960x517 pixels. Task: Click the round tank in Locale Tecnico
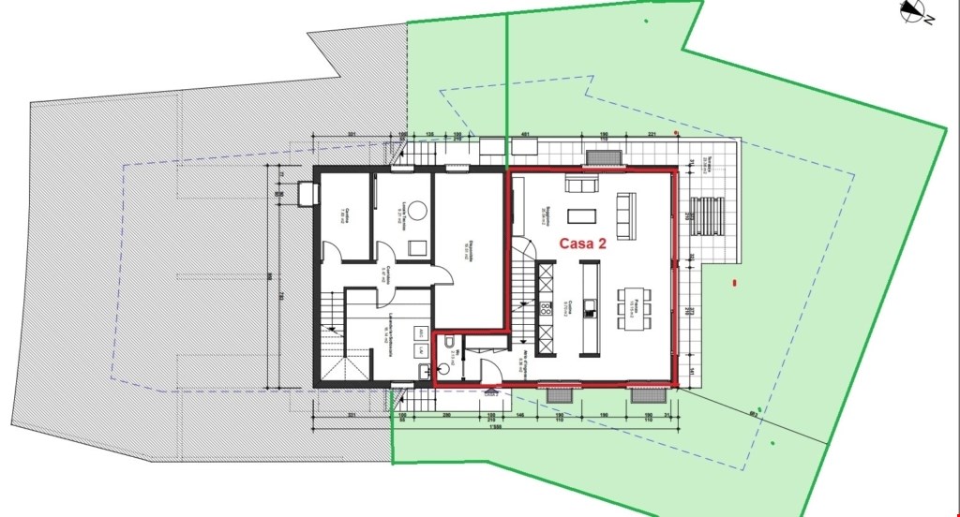414,211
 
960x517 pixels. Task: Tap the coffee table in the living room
582,215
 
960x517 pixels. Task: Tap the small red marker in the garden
735,282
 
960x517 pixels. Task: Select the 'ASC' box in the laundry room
421,333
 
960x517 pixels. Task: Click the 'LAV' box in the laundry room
421,352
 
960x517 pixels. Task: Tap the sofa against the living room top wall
580,185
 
